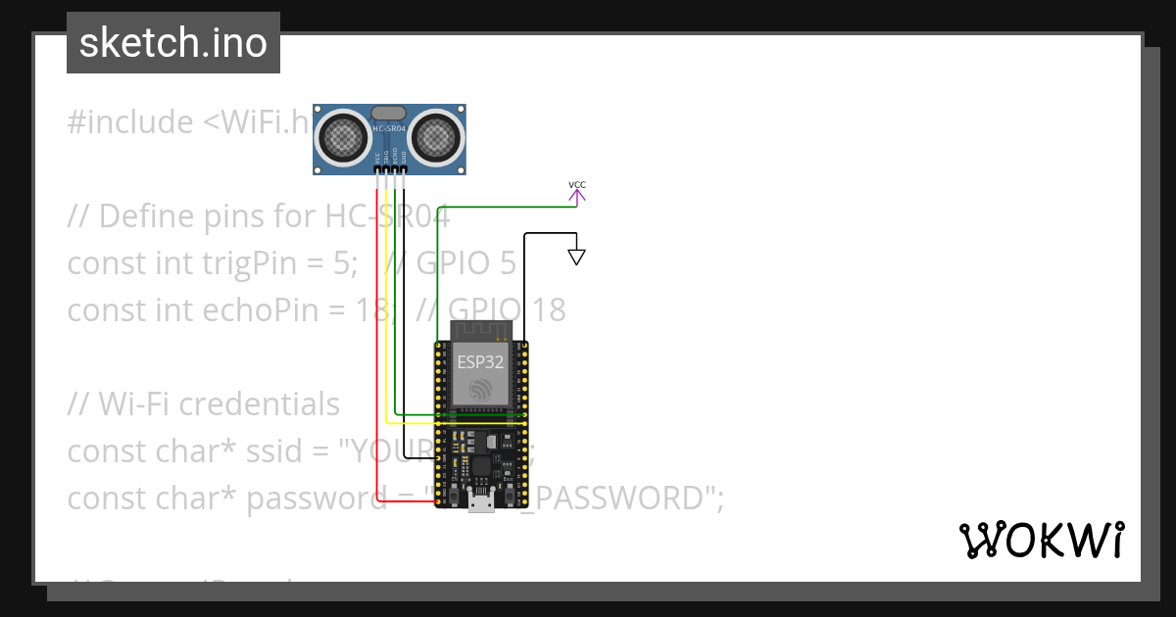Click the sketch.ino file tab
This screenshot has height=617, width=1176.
click(x=173, y=43)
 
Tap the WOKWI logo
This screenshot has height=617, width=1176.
click(x=1040, y=540)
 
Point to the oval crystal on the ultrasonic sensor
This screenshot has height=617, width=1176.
click(x=389, y=114)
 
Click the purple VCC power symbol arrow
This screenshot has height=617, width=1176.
click(x=577, y=196)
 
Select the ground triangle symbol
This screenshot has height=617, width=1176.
click(x=577, y=258)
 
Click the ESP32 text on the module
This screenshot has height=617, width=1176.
click(x=480, y=361)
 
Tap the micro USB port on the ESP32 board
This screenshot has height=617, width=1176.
click(x=480, y=502)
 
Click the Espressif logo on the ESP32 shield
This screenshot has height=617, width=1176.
click(x=480, y=390)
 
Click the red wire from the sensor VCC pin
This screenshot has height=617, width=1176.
click(x=376, y=343)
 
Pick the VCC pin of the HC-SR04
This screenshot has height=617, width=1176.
click(x=377, y=170)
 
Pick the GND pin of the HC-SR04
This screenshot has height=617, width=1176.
click(x=403, y=170)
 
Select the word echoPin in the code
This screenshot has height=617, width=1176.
click(x=212, y=310)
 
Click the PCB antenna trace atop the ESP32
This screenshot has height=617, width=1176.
click(x=480, y=328)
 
